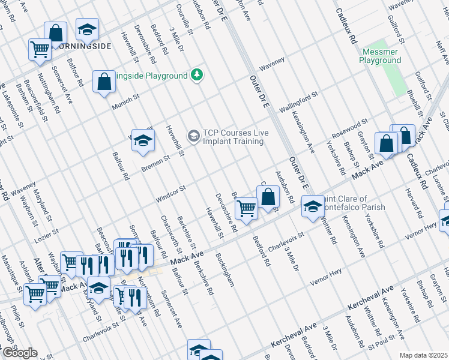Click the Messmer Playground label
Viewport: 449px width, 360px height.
380,56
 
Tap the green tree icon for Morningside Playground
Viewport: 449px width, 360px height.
197,75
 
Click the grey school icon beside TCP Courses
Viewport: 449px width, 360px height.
193,136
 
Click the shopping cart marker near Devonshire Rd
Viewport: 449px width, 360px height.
246,208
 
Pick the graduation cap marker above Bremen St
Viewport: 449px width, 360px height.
143,140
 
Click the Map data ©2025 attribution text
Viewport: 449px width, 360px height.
423,355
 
